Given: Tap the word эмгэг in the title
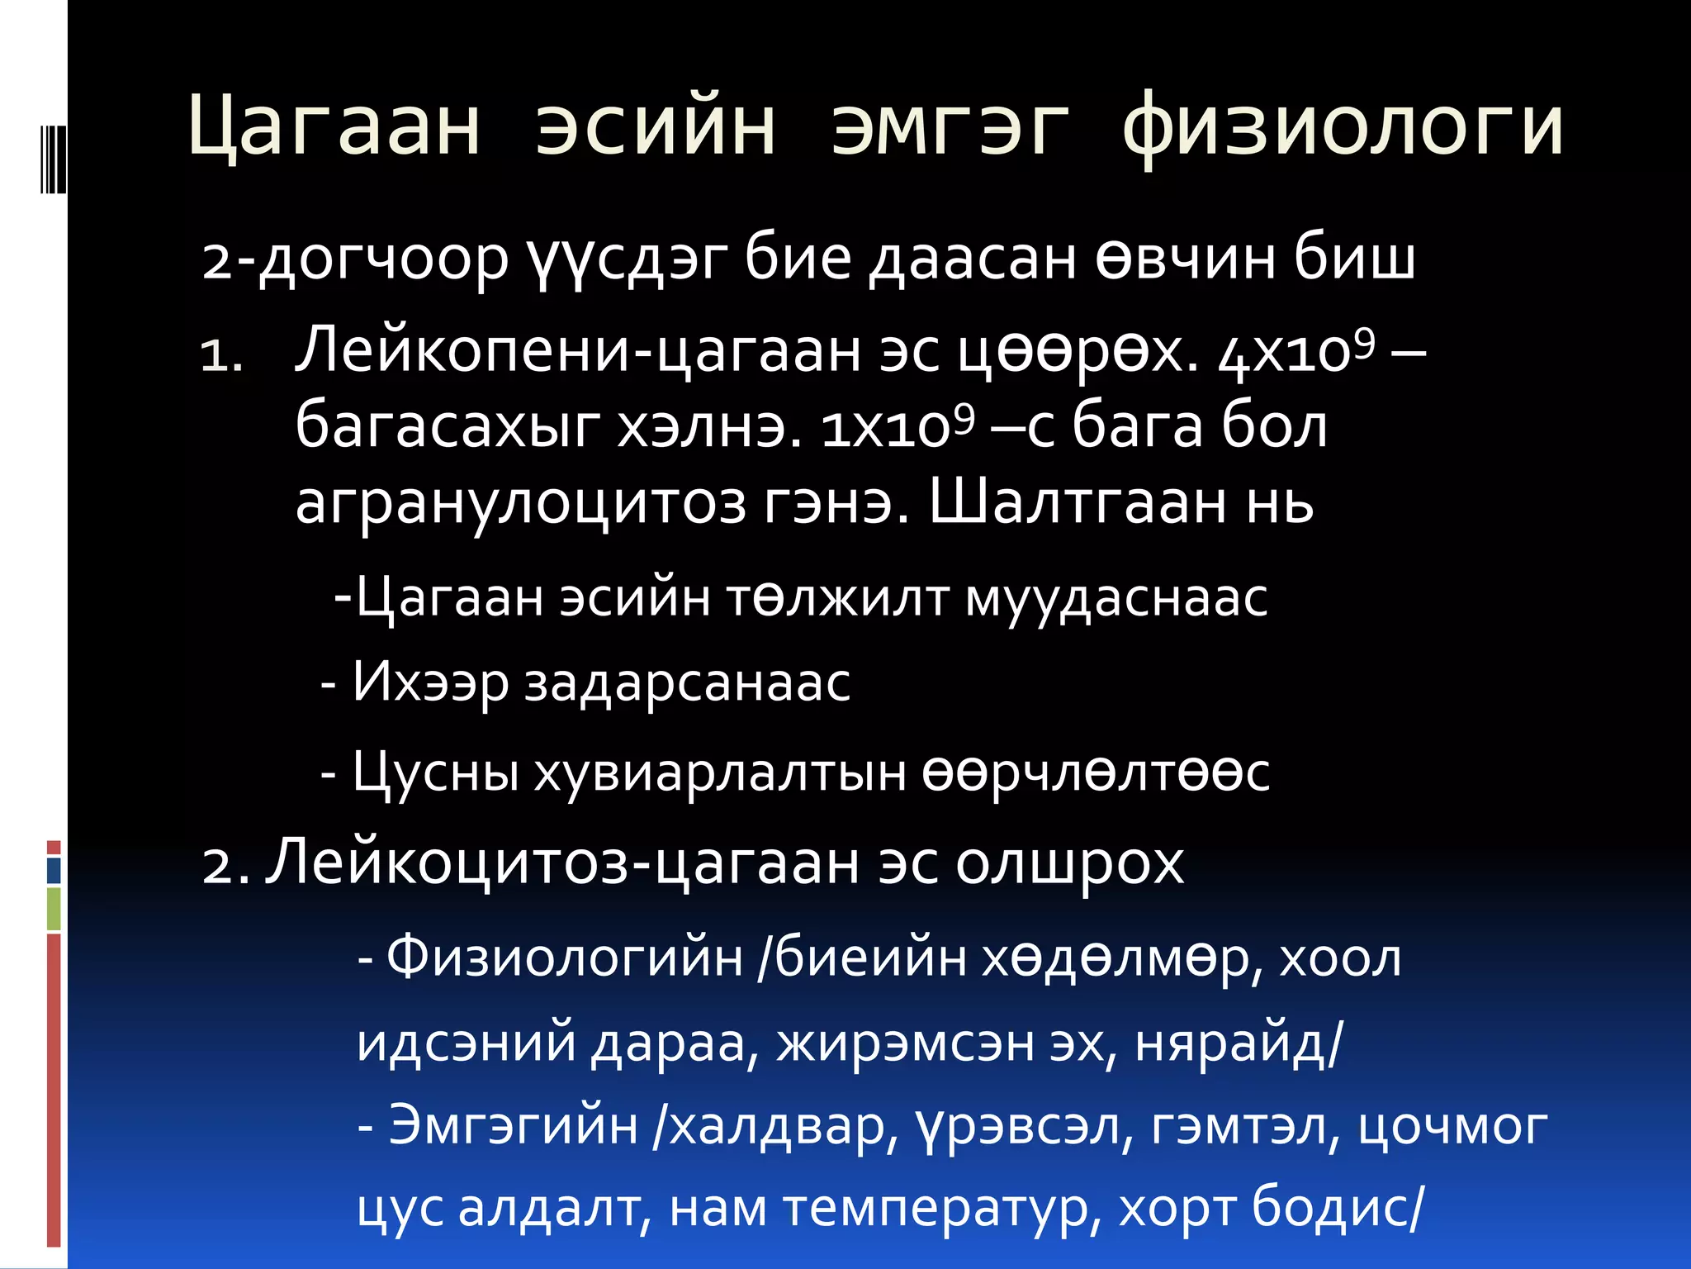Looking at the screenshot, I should coord(950,128).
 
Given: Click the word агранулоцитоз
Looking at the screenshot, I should coord(520,502).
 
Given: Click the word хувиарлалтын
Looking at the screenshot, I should coord(719,773).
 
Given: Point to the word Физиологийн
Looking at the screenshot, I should coord(565,958).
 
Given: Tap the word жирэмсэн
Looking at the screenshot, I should coord(905,1043).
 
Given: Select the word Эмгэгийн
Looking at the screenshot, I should coord(513,1125).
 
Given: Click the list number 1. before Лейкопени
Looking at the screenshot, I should coord(221,357).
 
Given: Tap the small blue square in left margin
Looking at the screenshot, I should coord(54,871).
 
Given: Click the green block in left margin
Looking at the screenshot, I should coord(54,909).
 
